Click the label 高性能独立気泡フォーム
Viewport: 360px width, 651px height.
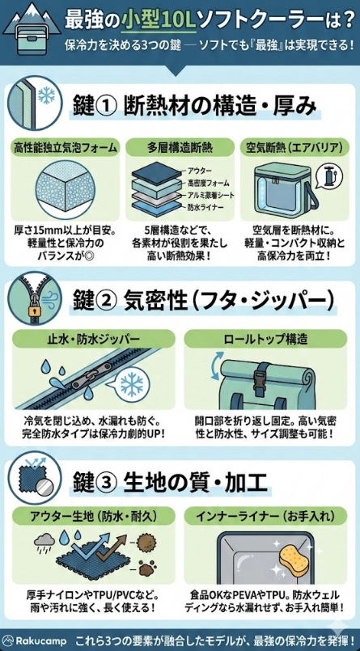[65, 149]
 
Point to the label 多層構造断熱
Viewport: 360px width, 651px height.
[180, 149]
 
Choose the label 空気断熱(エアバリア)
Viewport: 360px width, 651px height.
[293, 149]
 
